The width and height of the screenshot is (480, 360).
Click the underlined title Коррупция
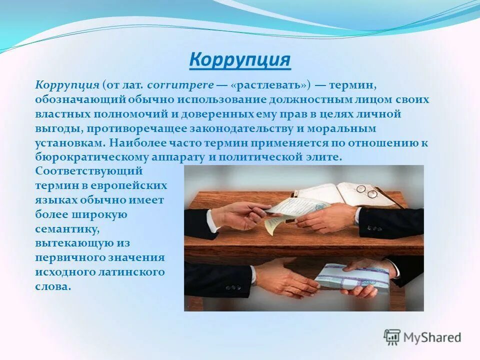(240, 60)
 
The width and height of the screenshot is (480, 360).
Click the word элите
(325, 157)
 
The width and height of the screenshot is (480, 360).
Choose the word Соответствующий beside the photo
(89, 171)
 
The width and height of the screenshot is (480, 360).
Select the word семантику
(67, 229)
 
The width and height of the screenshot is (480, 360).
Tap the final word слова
(52, 287)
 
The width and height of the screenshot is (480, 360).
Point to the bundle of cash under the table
(353, 277)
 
